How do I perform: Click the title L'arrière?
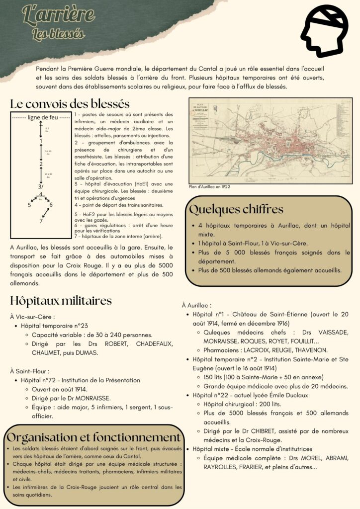[58, 16]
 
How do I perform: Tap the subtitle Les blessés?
[58, 34]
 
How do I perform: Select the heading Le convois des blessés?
[70, 104]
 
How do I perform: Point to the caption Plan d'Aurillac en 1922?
[209, 187]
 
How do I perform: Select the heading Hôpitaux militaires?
[61, 301]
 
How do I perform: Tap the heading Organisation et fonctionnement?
[93, 437]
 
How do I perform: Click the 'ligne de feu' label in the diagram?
[41, 117]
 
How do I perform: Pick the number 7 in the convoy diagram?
[41, 221]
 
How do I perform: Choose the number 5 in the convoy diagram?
[29, 204]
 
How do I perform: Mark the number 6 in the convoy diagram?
[51, 204]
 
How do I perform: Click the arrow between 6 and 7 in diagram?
[46, 212]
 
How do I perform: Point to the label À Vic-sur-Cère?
[32, 316]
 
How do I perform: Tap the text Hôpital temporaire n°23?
[55, 326]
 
